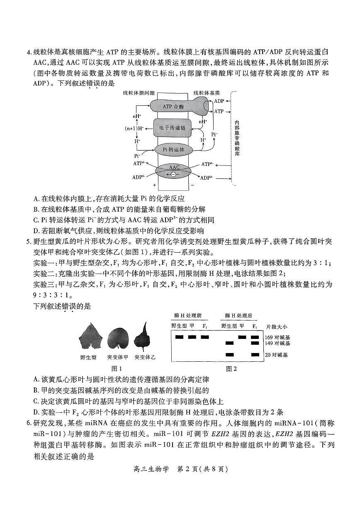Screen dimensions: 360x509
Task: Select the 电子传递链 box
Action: [x=173, y=128]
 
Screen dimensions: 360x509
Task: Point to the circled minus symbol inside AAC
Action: [x=173, y=174]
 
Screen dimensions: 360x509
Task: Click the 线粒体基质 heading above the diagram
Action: [x=206, y=94]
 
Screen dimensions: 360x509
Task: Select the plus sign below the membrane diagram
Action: [x=155, y=185]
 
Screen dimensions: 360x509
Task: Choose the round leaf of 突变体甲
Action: [x=118, y=339]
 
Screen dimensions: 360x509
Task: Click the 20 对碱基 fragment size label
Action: [x=277, y=355]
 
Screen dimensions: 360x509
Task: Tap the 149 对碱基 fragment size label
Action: [x=277, y=343]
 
